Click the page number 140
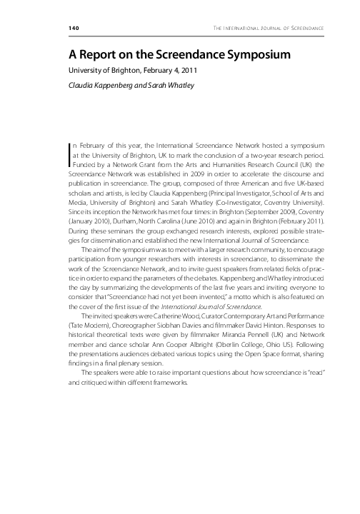tap(74, 28)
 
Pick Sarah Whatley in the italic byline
tap(169, 84)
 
